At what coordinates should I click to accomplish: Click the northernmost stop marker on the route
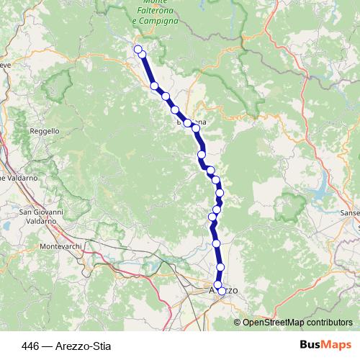pos(138,49)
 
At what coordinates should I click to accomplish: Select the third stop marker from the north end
pos(155,86)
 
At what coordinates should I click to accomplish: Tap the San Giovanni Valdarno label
pos(41,216)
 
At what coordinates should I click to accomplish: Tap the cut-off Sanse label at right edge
pos(350,213)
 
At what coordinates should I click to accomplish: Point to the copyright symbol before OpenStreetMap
pos(238,323)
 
